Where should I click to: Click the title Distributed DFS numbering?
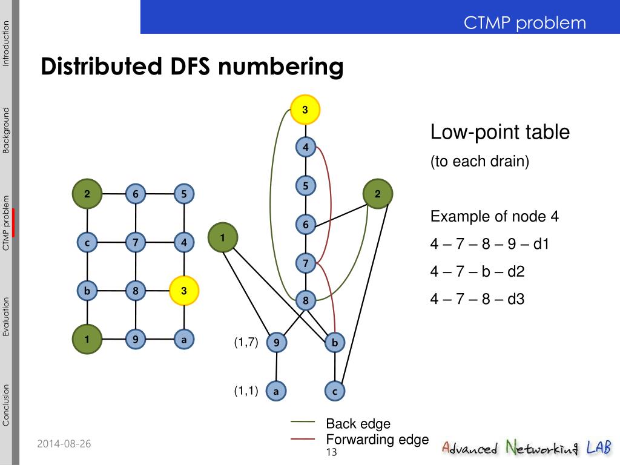(x=192, y=67)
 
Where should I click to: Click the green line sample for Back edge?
(x=303, y=421)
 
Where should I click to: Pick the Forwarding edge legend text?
(x=377, y=440)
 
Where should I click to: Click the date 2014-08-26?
(x=64, y=444)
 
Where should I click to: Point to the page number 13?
(x=331, y=453)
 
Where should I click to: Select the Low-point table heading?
(x=500, y=132)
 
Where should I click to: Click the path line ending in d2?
(x=477, y=271)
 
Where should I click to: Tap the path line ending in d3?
(x=477, y=298)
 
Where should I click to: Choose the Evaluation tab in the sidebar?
(x=6, y=316)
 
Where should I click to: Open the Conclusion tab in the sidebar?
(x=6, y=405)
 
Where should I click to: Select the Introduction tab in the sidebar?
(x=6, y=44)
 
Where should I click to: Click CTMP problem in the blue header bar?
(x=525, y=23)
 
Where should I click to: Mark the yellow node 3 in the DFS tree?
(x=305, y=110)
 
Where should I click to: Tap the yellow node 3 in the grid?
(x=184, y=291)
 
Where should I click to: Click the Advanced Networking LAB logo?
(x=526, y=447)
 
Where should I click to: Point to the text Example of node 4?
(x=494, y=217)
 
